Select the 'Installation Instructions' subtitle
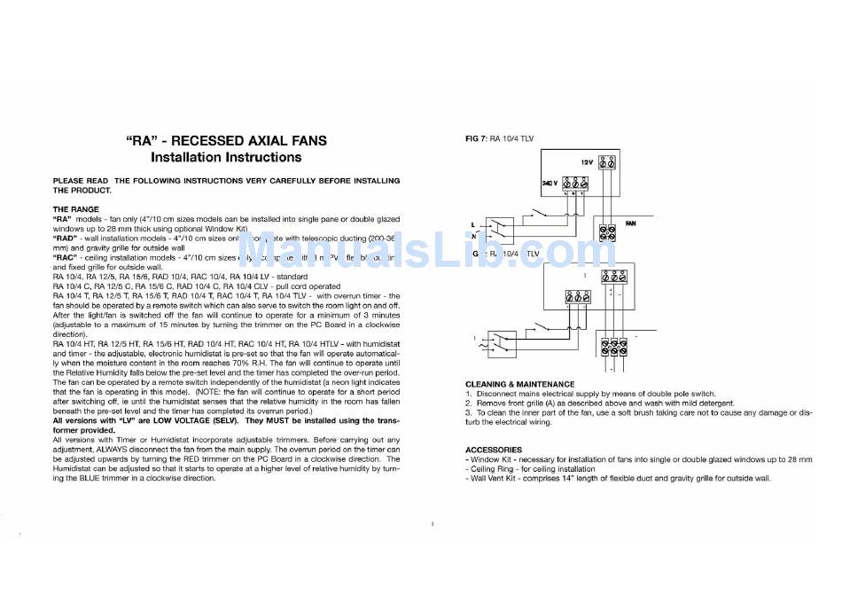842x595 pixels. [226, 158]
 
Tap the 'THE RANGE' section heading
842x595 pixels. [76, 209]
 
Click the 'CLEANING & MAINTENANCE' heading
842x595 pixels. [519, 384]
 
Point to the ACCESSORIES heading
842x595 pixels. [494, 450]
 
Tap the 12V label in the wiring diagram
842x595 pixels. [586, 163]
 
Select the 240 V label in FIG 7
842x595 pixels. [550, 182]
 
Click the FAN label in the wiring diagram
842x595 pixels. [632, 223]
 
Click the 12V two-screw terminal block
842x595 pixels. [608, 164]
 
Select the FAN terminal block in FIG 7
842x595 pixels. [608, 232]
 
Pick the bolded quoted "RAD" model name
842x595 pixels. [66, 238]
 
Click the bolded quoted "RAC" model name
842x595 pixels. [66, 257]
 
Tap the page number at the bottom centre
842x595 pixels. [432, 524]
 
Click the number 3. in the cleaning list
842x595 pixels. [469, 412]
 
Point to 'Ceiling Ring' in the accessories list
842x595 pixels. [493, 469]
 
